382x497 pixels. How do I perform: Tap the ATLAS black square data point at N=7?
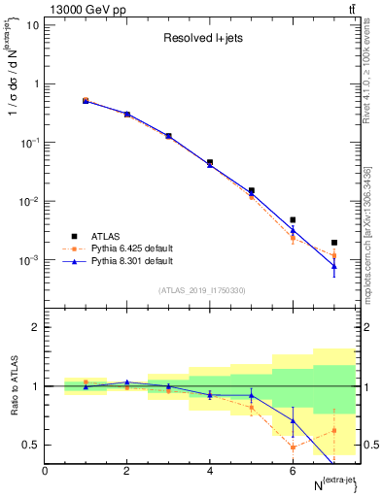tap(334, 243)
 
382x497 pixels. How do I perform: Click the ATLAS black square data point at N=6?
tap(293, 219)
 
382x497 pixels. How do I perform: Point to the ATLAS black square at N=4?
tap(210, 163)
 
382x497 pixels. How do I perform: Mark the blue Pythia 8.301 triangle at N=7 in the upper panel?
tap(334, 266)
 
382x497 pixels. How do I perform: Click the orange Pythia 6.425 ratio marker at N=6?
tap(293, 447)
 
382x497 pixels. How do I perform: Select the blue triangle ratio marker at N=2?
tap(126, 382)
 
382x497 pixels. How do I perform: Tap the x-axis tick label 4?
tap(210, 471)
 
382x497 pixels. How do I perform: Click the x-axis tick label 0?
tap(45, 471)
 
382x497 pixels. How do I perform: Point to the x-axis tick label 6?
tap(293, 471)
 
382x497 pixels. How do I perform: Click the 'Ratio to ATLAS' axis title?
tap(12, 386)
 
